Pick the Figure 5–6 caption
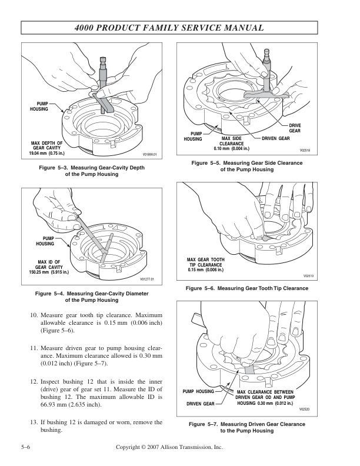tap(246, 288)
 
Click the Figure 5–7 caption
tap(246, 427)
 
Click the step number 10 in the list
tap(34, 315)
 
